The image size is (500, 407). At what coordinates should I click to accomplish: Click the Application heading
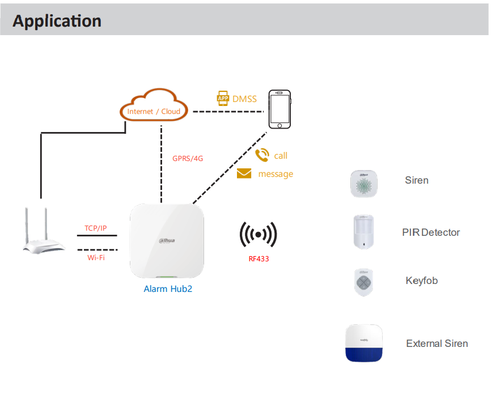click(57, 21)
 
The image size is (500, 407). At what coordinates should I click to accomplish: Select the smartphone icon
click(279, 109)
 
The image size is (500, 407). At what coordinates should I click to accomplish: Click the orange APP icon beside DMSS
click(223, 98)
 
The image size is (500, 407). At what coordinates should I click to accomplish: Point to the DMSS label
click(244, 99)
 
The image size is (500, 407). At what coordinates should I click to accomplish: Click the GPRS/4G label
click(188, 159)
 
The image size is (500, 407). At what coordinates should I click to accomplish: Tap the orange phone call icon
click(262, 155)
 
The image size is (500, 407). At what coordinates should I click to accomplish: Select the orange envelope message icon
click(244, 173)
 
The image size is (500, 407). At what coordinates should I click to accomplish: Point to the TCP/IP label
click(96, 228)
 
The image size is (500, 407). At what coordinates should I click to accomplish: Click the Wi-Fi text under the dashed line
click(96, 257)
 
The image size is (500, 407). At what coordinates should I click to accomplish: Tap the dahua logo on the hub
click(167, 240)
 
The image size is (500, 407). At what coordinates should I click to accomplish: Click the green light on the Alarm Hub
click(166, 277)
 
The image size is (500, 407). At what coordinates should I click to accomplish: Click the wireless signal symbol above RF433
click(259, 234)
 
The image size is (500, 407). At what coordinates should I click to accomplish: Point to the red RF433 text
click(259, 258)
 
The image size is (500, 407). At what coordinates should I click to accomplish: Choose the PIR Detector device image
click(363, 232)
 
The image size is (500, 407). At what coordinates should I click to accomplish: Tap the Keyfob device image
click(363, 282)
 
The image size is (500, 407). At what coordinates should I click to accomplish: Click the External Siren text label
click(437, 344)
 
